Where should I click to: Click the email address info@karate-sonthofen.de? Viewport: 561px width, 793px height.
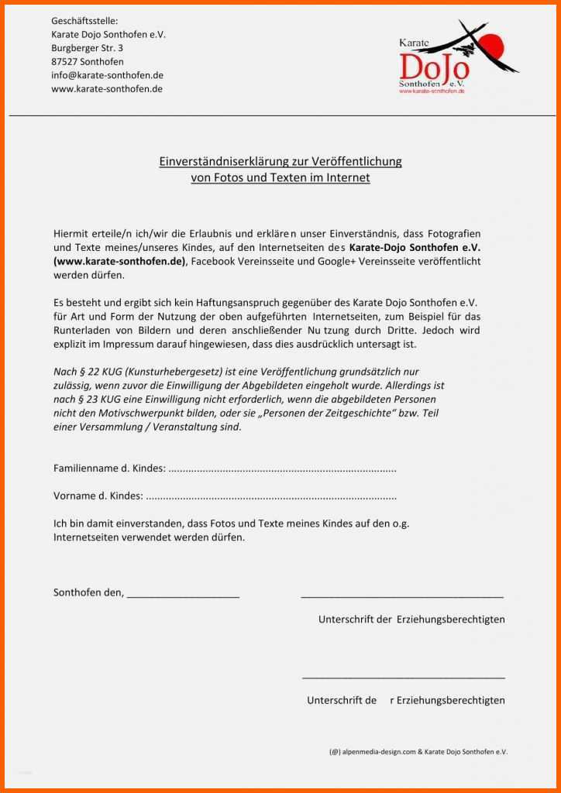(107, 75)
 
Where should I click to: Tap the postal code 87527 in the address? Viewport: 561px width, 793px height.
(66, 61)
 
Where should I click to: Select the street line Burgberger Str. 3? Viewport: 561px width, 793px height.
(87, 48)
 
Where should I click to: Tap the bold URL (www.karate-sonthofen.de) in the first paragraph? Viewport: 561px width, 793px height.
(120, 261)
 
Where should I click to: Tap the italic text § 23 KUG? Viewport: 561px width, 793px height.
(88, 400)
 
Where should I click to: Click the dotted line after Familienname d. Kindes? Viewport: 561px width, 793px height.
(282, 469)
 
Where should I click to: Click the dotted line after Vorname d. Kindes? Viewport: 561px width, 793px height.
(271, 496)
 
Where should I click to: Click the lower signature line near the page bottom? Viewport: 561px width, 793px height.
(403, 677)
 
